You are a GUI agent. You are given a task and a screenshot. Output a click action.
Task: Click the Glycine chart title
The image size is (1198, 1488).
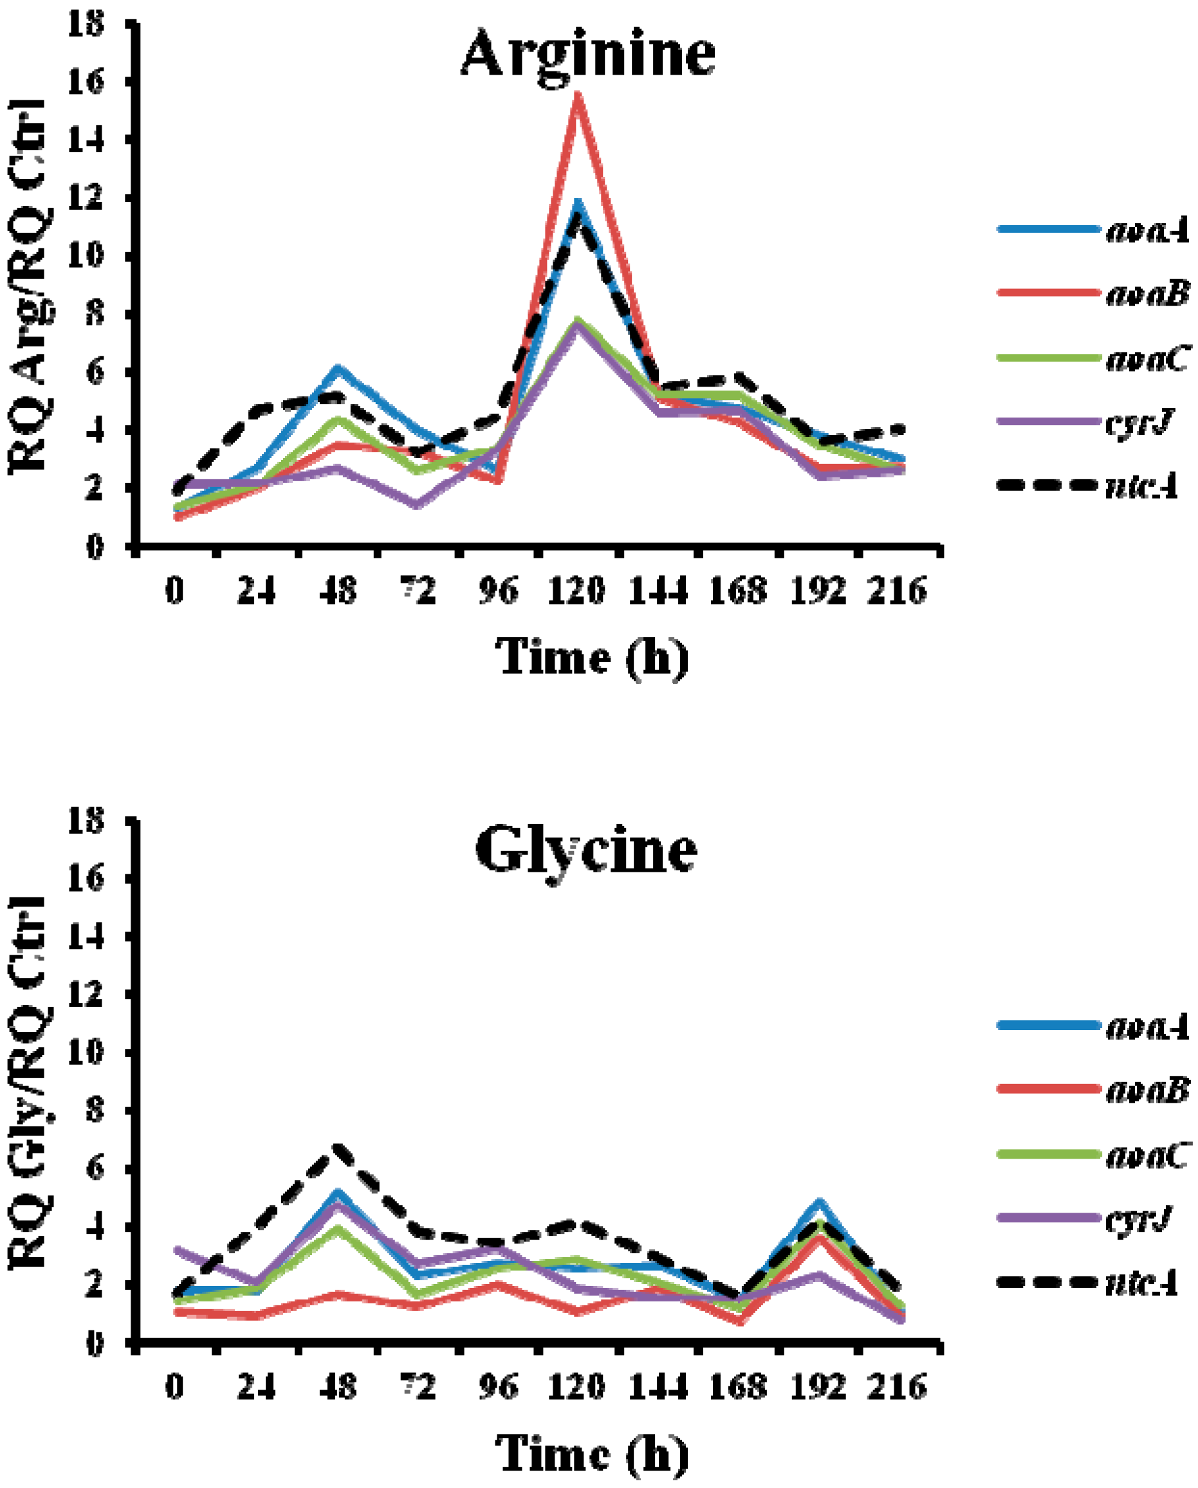tap(587, 850)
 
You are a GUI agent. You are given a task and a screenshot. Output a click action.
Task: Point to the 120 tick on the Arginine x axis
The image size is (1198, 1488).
tap(577, 591)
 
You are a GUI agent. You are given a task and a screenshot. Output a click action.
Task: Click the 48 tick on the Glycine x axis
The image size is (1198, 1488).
tap(338, 1386)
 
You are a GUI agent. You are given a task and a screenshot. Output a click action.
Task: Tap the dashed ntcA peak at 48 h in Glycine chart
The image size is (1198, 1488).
tap(338, 1148)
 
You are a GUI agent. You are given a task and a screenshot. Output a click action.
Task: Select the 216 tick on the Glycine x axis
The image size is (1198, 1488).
tap(896, 1386)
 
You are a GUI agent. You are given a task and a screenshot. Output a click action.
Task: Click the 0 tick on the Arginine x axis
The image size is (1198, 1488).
tap(175, 591)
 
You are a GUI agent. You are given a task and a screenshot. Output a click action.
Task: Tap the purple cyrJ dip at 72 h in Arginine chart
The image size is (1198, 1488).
tap(417, 505)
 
